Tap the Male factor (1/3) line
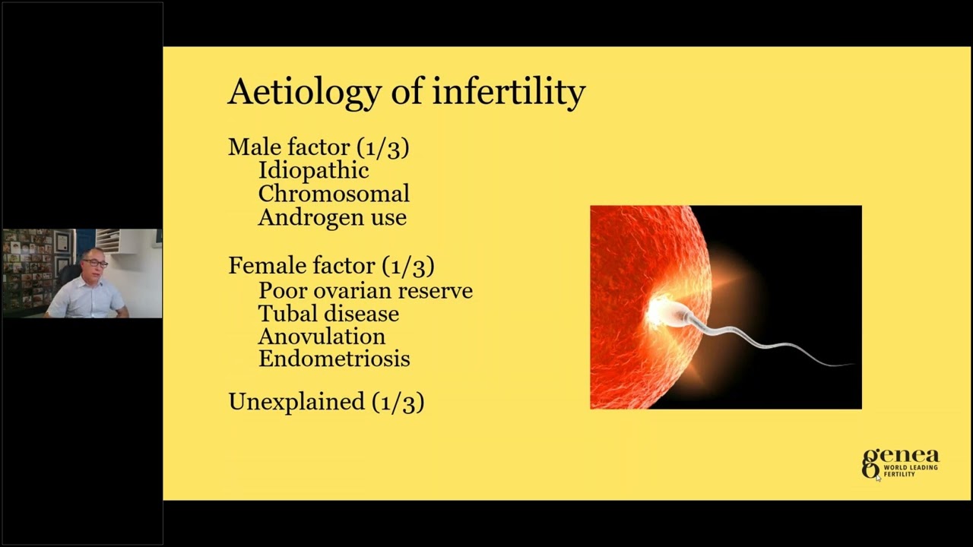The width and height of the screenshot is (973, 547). coord(319,147)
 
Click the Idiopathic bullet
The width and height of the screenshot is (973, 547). coord(313,170)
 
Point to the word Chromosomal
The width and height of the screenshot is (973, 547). coord(334,194)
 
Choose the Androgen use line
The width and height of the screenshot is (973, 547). coord(332,217)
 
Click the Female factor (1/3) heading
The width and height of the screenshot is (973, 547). coord(331,265)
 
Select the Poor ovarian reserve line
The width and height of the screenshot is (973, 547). coord(365,290)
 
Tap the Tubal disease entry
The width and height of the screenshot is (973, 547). coord(328,313)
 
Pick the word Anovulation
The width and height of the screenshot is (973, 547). coord(322,336)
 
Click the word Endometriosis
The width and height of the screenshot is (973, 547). coord(334,359)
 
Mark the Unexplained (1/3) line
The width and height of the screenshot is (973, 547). coord(326,401)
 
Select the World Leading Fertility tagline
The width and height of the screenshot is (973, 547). coord(910,471)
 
